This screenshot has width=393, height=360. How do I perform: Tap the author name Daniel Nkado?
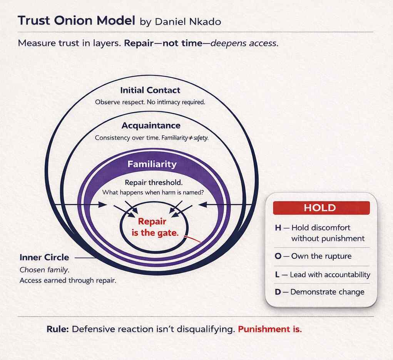point(188,22)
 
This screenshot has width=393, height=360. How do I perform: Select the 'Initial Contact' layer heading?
point(150,90)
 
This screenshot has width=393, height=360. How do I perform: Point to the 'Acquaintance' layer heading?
point(151,126)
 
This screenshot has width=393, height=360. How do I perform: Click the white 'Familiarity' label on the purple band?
point(152,164)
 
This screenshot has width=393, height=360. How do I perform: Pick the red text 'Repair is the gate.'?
point(152,227)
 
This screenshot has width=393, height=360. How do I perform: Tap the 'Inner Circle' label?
point(44,257)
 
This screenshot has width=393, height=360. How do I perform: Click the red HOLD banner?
point(321,208)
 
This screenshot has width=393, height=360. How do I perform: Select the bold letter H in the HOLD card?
point(278,228)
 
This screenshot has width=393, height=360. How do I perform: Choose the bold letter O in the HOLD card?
point(278,256)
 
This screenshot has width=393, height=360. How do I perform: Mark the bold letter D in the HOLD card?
point(278,292)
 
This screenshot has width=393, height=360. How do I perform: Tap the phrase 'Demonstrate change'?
point(327,292)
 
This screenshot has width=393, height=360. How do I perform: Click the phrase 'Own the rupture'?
point(321,256)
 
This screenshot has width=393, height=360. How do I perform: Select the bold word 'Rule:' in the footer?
point(57,330)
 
